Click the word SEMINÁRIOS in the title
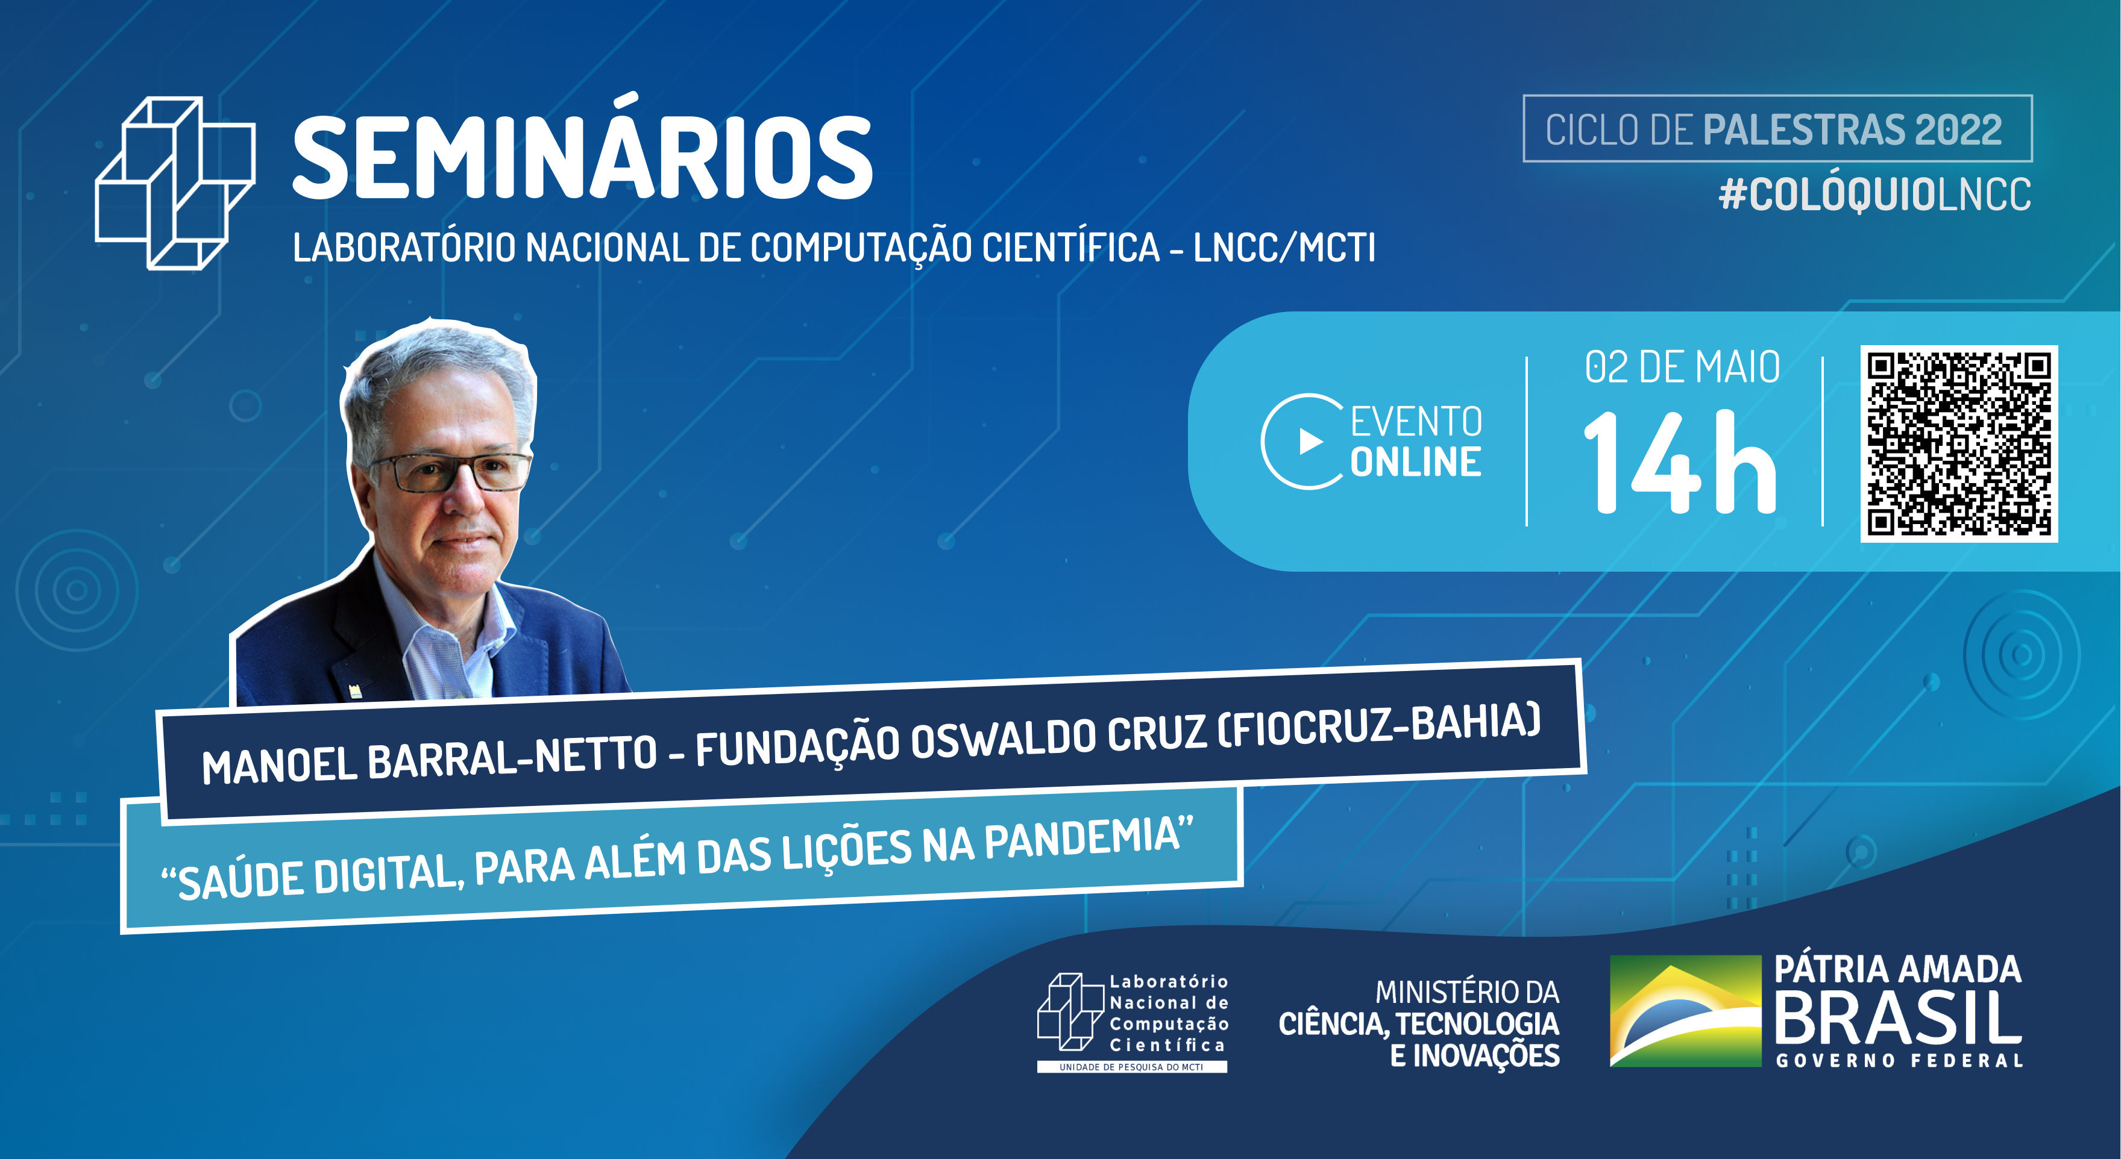tap(582, 158)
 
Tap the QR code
tap(1959, 444)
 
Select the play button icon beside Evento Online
tap(1309, 442)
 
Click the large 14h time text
tap(1680, 463)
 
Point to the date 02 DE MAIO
tap(1682, 367)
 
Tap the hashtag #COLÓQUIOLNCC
tap(1874, 195)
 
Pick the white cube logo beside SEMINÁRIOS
tap(175, 183)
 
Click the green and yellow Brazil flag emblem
tap(1685, 1011)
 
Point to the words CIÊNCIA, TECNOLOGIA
tap(1419, 1024)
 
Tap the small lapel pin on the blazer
tap(356, 690)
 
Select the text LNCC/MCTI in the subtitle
tap(1284, 248)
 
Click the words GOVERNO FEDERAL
tap(1899, 1061)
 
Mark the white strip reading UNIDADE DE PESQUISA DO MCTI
tap(1131, 1067)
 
